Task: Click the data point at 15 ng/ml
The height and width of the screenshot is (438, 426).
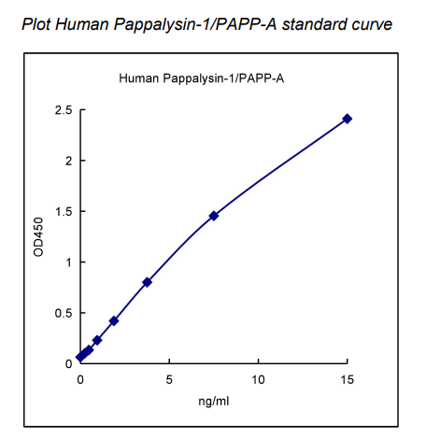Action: (x=348, y=119)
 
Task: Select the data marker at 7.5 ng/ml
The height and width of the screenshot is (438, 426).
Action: (x=214, y=216)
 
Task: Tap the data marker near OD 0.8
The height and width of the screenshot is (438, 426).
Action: (x=148, y=282)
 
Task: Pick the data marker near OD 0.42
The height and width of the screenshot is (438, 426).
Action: (x=114, y=320)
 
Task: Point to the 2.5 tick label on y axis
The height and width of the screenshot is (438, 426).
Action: (x=64, y=111)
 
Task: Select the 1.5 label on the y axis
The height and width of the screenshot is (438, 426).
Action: (x=64, y=212)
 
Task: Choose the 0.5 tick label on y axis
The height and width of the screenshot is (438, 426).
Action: (x=64, y=313)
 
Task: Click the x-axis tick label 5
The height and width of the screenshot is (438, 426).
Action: (x=169, y=379)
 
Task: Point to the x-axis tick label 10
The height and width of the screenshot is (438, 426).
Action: (x=258, y=379)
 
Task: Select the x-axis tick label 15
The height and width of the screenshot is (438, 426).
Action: (x=348, y=379)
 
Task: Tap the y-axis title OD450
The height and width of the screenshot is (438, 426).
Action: (x=38, y=237)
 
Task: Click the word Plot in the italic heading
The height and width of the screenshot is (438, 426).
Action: (x=36, y=22)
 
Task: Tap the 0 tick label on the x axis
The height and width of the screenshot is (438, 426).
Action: (x=80, y=379)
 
